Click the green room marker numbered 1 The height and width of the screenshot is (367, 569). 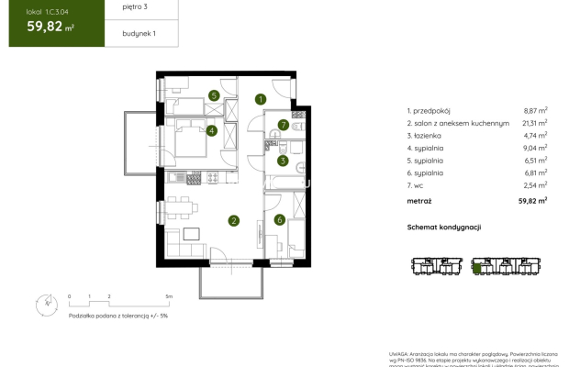pos(261,99)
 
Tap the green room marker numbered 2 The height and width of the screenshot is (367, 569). pos(234,220)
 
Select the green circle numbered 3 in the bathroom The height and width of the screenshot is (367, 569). pos(284,161)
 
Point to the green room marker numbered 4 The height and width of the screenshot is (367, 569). pos(212,131)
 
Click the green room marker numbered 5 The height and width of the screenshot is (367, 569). pos(213,95)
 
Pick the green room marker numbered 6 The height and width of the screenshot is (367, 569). pos(280,220)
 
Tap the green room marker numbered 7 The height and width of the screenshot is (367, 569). pos(284,125)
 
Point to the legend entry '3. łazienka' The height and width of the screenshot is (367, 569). pos(428,135)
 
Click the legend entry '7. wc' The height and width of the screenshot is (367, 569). pos(418,184)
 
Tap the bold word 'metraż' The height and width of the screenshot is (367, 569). pos(420,199)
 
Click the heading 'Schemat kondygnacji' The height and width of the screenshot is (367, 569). pos(444,227)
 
